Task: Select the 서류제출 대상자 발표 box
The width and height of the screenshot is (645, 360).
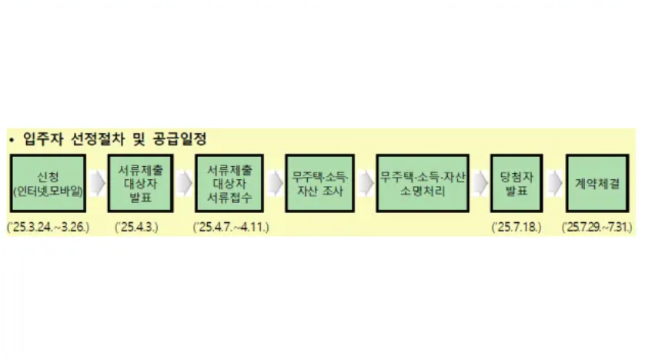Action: click(140, 183)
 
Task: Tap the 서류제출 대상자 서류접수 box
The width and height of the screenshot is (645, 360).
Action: click(229, 183)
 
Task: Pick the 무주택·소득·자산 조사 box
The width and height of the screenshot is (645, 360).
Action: click(319, 183)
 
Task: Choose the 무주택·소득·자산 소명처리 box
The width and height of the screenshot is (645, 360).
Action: click(423, 183)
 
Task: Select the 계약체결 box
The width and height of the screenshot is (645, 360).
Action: click(600, 183)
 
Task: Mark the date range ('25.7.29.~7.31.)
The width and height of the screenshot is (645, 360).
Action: click(601, 228)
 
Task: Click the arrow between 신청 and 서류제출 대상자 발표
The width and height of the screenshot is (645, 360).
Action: click(96, 183)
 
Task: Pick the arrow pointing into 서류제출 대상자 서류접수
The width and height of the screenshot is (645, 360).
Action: click(185, 183)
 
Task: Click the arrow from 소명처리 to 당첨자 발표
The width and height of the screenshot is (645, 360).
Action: click(480, 183)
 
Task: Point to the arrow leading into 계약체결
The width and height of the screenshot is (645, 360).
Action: click(554, 183)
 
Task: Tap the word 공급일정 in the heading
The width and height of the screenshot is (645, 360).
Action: click(183, 139)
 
